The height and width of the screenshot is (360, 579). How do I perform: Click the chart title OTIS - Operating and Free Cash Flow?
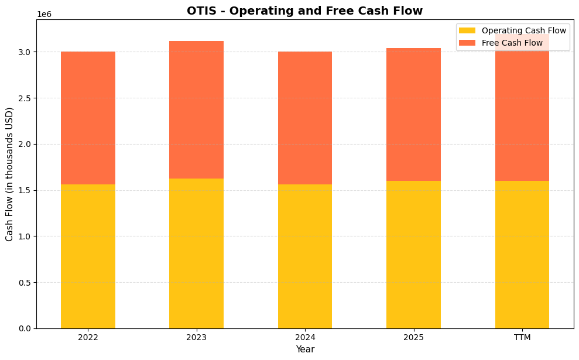point(304,11)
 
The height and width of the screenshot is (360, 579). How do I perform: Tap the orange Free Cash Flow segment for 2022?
point(88,118)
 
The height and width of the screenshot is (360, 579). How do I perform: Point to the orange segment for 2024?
point(305,118)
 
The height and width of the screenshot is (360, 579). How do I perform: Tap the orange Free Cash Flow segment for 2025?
point(413,114)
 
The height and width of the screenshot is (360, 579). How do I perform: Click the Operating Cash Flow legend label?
point(523,30)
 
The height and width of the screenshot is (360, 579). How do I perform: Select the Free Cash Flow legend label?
point(512,43)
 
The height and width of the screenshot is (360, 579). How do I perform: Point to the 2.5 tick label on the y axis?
point(24,98)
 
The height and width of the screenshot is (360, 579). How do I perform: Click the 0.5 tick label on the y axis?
point(24,282)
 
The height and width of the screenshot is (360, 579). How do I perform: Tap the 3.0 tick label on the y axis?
point(24,52)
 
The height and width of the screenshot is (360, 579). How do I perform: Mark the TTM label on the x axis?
point(522,337)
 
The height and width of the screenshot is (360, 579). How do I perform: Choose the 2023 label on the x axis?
point(196,337)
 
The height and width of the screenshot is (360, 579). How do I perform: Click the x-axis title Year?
point(304,349)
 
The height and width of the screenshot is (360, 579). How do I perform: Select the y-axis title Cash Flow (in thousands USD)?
point(9,174)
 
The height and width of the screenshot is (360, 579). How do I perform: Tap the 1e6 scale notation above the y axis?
point(44,14)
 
